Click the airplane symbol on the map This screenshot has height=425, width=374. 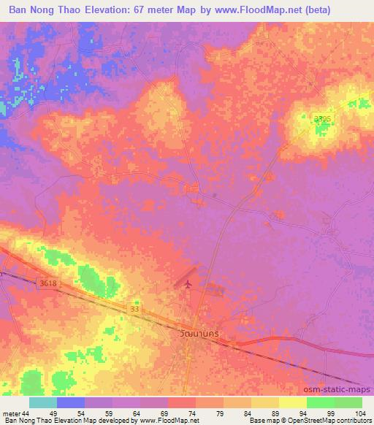(188, 283)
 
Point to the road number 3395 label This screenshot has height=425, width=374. (322, 118)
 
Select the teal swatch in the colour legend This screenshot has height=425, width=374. (43, 402)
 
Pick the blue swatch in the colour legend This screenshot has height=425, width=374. (71, 402)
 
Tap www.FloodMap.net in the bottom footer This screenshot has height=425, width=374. (162, 421)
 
